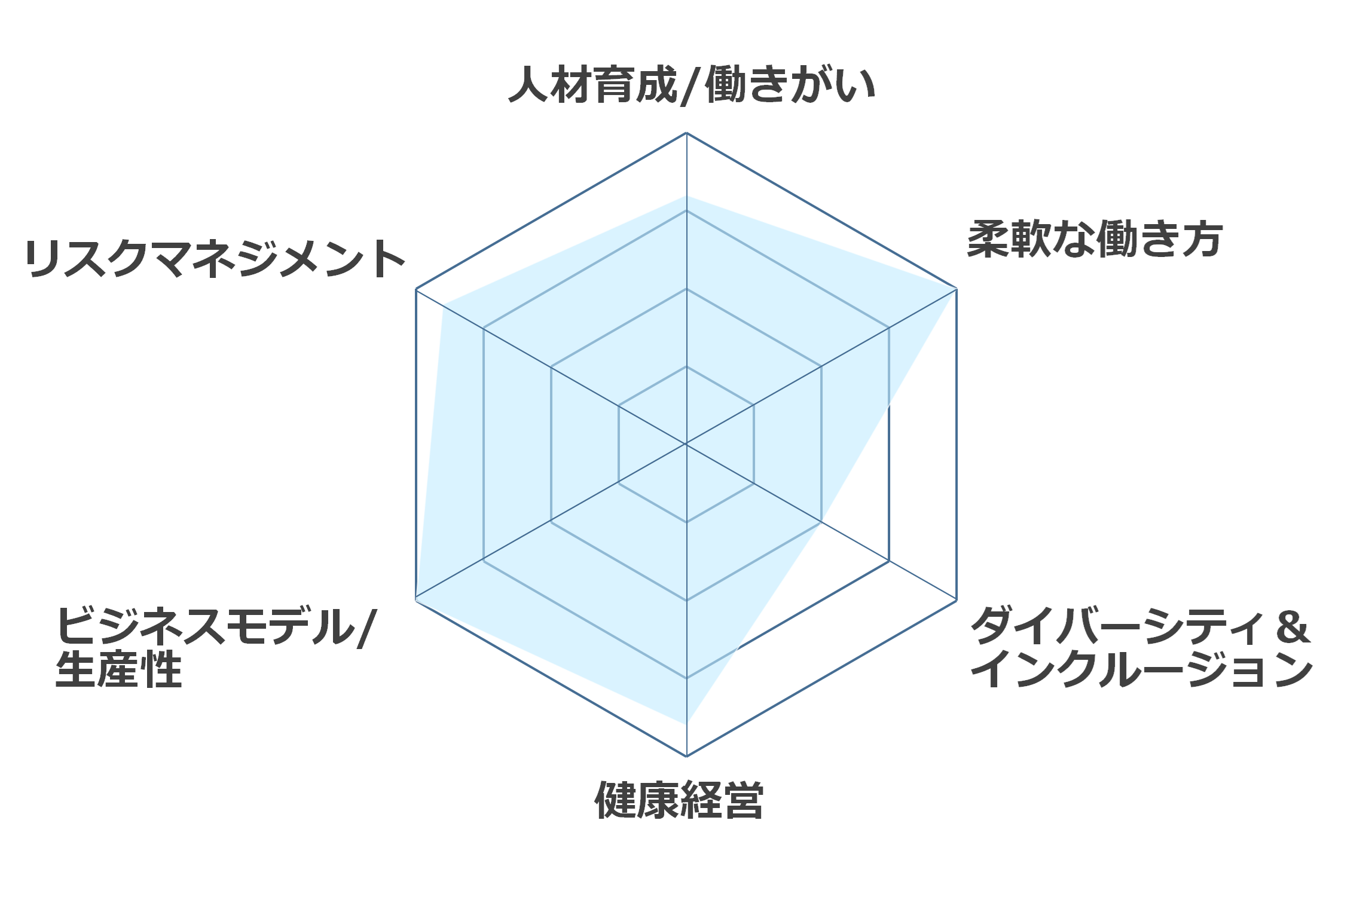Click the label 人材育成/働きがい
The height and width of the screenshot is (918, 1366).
pyautogui.click(x=692, y=85)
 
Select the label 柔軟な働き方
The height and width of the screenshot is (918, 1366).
pyautogui.click(x=1095, y=239)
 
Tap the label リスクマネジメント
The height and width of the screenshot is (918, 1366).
pyautogui.click(x=215, y=259)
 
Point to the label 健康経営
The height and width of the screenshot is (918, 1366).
pyautogui.click(x=679, y=800)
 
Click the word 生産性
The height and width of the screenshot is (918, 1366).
pyautogui.click(x=118, y=669)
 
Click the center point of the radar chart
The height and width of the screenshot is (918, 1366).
pyautogui.click(x=686, y=444)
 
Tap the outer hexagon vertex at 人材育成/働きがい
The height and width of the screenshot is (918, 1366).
pyautogui.click(x=686, y=133)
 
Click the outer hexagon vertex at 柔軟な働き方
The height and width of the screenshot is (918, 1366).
pyautogui.click(x=956, y=289)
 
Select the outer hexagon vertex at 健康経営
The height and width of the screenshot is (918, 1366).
pyautogui.click(x=686, y=756)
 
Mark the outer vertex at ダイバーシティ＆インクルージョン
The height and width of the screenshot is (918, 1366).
pyautogui.click(x=956, y=599)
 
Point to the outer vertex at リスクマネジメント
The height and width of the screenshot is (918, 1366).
pyautogui.click(x=416, y=289)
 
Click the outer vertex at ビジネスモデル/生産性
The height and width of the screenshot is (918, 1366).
pyautogui.click(x=416, y=599)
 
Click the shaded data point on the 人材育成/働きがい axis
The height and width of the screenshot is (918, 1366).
pyautogui.click(x=686, y=195)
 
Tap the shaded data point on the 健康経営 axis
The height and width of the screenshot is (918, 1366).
pyautogui.click(x=686, y=724)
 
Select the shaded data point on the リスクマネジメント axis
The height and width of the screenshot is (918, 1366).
pyautogui.click(x=443, y=305)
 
